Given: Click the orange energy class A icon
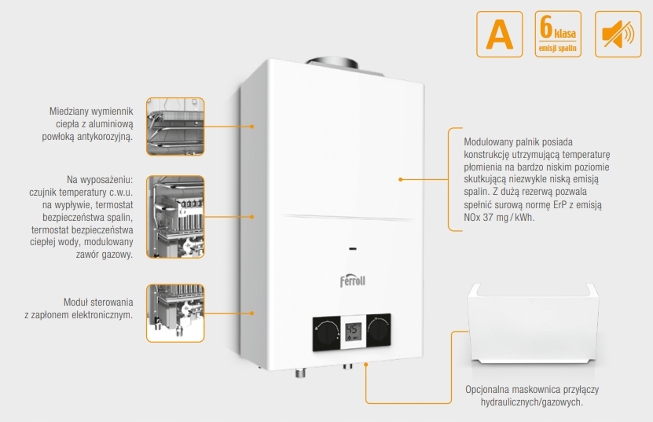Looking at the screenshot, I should pyautogui.click(x=500, y=34).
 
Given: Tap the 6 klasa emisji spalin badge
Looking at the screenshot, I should pyautogui.click(x=558, y=34).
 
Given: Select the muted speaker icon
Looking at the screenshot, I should pyautogui.click(x=617, y=34).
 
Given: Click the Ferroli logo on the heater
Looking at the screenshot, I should pyautogui.click(x=353, y=280).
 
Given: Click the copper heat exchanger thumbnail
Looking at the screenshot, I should pyautogui.click(x=174, y=126).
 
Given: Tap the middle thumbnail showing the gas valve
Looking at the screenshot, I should pyautogui.click(x=174, y=217).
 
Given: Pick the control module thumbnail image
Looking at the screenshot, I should pyautogui.click(x=174, y=313).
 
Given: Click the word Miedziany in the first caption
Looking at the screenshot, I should pyautogui.click(x=69, y=112).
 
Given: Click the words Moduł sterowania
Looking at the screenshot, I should pyautogui.click(x=98, y=303).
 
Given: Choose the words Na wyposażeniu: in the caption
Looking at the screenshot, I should pyautogui.click(x=100, y=179).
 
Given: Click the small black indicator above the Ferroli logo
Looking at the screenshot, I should pyautogui.click(x=351, y=249).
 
